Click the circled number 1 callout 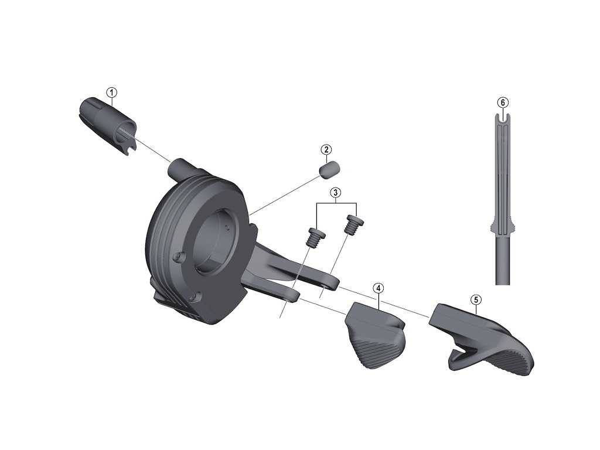112,92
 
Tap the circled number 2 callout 326,149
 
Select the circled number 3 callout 336,192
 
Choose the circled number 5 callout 476,299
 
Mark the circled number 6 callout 503,103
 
